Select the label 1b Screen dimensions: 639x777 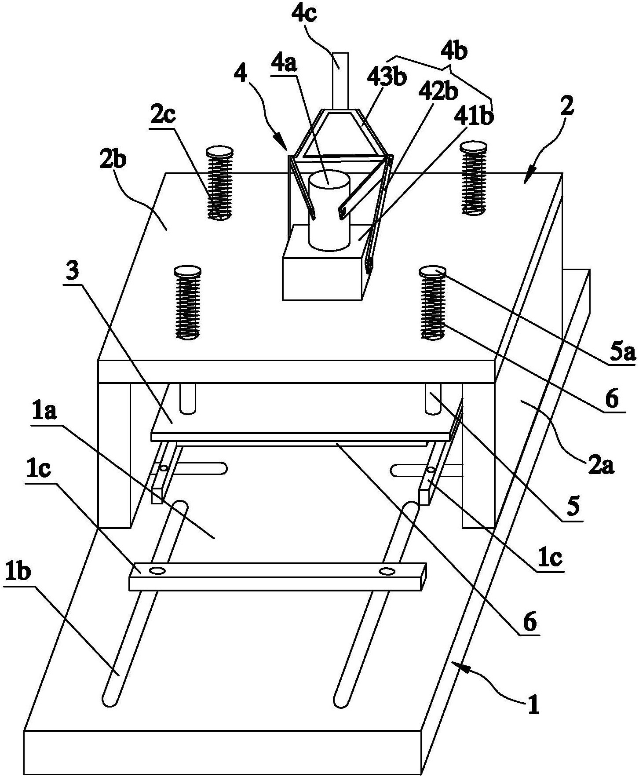click(x=17, y=573)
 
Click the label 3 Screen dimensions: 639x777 click(x=73, y=272)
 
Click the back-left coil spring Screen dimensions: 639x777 click(x=219, y=182)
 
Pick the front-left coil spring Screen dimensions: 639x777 click(x=188, y=302)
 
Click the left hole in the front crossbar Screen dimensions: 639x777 click(x=157, y=570)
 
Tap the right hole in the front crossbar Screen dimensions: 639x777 click(x=387, y=571)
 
